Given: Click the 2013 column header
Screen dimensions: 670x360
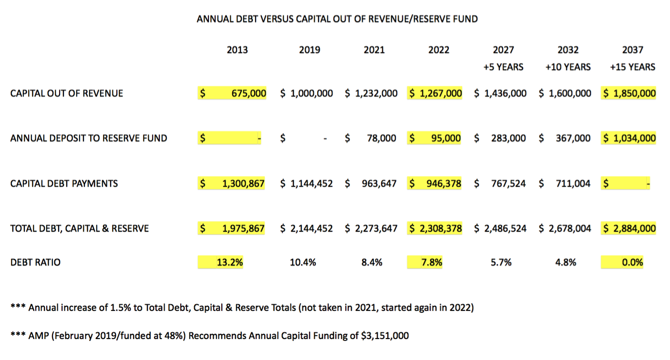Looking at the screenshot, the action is (237, 50).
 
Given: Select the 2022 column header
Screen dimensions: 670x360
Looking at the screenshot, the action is (439, 50).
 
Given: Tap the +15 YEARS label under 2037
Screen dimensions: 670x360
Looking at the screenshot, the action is (633, 67).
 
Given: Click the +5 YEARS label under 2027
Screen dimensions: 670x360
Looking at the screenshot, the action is (504, 67).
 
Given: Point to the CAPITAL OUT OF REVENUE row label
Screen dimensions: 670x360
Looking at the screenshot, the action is (67, 93).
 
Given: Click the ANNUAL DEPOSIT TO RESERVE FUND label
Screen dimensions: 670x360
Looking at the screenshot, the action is (89, 138).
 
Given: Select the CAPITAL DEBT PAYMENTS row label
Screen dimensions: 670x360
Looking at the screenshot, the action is (64, 183).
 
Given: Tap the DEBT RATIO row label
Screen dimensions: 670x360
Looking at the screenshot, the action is (35, 262).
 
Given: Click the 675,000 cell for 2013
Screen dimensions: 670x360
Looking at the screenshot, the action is (249, 93).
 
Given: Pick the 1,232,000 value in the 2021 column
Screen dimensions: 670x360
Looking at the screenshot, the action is (376, 93).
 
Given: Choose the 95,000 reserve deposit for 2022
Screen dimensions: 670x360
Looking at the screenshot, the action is (446, 138).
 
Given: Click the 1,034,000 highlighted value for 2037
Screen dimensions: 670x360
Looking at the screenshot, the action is (635, 138).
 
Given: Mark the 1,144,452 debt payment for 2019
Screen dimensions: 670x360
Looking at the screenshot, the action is (312, 183).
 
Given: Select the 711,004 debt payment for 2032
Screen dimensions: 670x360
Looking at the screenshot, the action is (573, 183).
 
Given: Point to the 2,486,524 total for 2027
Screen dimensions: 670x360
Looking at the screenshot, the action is (505, 228).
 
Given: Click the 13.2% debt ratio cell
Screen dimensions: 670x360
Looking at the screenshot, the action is (230, 262).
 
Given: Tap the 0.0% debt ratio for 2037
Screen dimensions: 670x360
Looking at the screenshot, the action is (633, 262).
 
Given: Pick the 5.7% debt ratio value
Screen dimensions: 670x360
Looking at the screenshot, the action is (501, 262).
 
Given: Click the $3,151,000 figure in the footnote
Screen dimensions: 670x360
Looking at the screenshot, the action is (385, 336).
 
